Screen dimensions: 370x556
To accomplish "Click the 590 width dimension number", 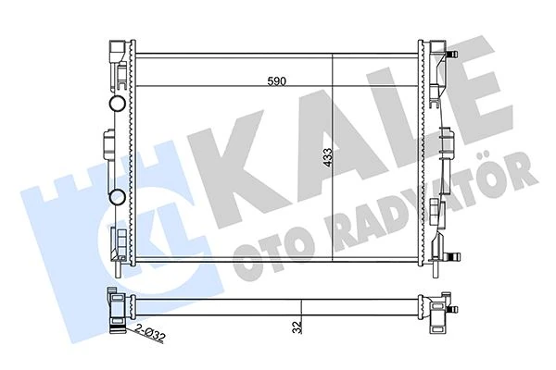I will pos(277,81).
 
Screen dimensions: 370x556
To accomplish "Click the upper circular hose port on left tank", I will pos(118,103).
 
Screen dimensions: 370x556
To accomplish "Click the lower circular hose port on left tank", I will pos(118,196).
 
